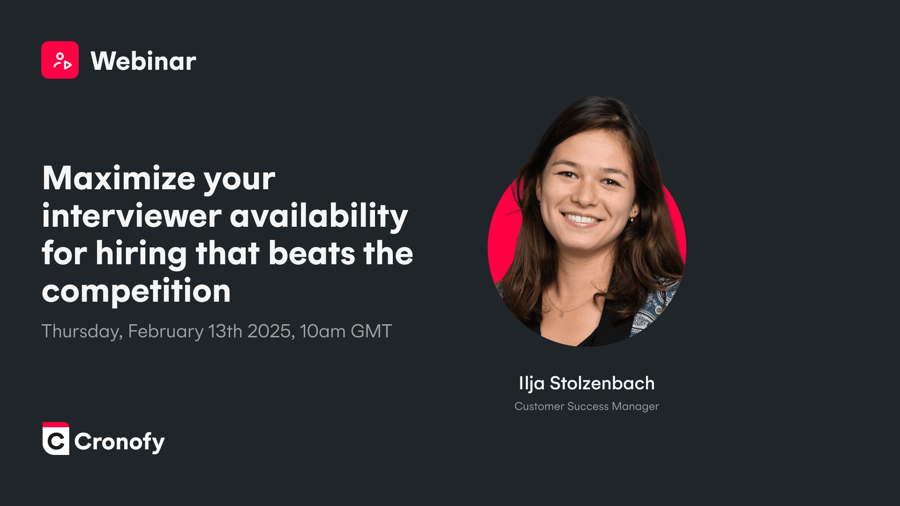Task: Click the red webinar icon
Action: click(x=60, y=60)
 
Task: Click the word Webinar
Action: click(x=143, y=61)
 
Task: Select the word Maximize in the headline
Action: click(x=119, y=178)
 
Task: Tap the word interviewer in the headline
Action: click(x=132, y=216)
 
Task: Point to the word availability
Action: click(x=319, y=217)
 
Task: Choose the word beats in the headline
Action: click(x=312, y=253)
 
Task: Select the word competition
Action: click(x=136, y=291)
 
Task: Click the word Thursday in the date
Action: click(x=82, y=332)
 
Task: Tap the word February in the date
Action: click(x=166, y=332)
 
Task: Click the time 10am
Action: click(x=323, y=331)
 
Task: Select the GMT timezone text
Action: click(x=371, y=331)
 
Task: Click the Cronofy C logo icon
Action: click(x=56, y=439)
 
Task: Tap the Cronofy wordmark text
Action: click(x=120, y=442)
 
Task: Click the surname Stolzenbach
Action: click(x=602, y=383)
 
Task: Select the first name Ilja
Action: click(x=532, y=384)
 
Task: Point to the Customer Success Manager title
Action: click(x=587, y=406)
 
